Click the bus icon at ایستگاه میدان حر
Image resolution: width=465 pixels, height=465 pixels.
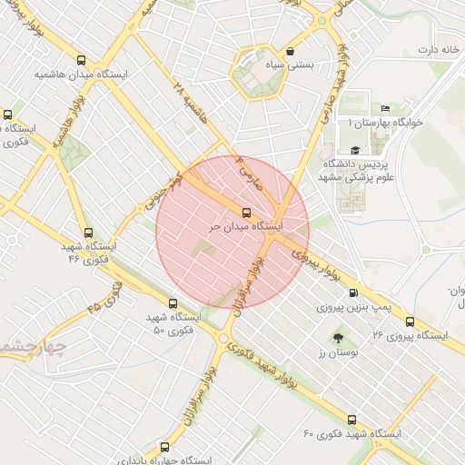[246, 211]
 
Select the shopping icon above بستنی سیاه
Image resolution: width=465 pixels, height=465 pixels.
[291, 52]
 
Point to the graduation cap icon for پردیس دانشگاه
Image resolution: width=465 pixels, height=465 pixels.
[355, 151]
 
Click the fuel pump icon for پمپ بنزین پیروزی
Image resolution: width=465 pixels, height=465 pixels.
[353, 292]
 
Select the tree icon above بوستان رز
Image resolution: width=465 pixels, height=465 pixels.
[340, 337]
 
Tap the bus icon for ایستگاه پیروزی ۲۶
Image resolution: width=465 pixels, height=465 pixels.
[411, 322]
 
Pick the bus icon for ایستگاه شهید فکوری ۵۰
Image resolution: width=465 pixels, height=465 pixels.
[173, 303]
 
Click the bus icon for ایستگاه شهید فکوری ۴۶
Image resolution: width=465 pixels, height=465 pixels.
[87, 232]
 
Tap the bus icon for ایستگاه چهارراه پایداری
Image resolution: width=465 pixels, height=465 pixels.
[163, 446]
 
